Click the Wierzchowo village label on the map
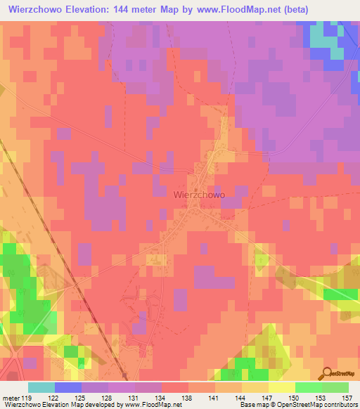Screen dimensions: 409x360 pyautogui.click(x=199, y=195)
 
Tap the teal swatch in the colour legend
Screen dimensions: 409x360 pyautogui.click(x=41, y=387)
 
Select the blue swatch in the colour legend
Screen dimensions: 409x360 pyautogui.click(x=68, y=387)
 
